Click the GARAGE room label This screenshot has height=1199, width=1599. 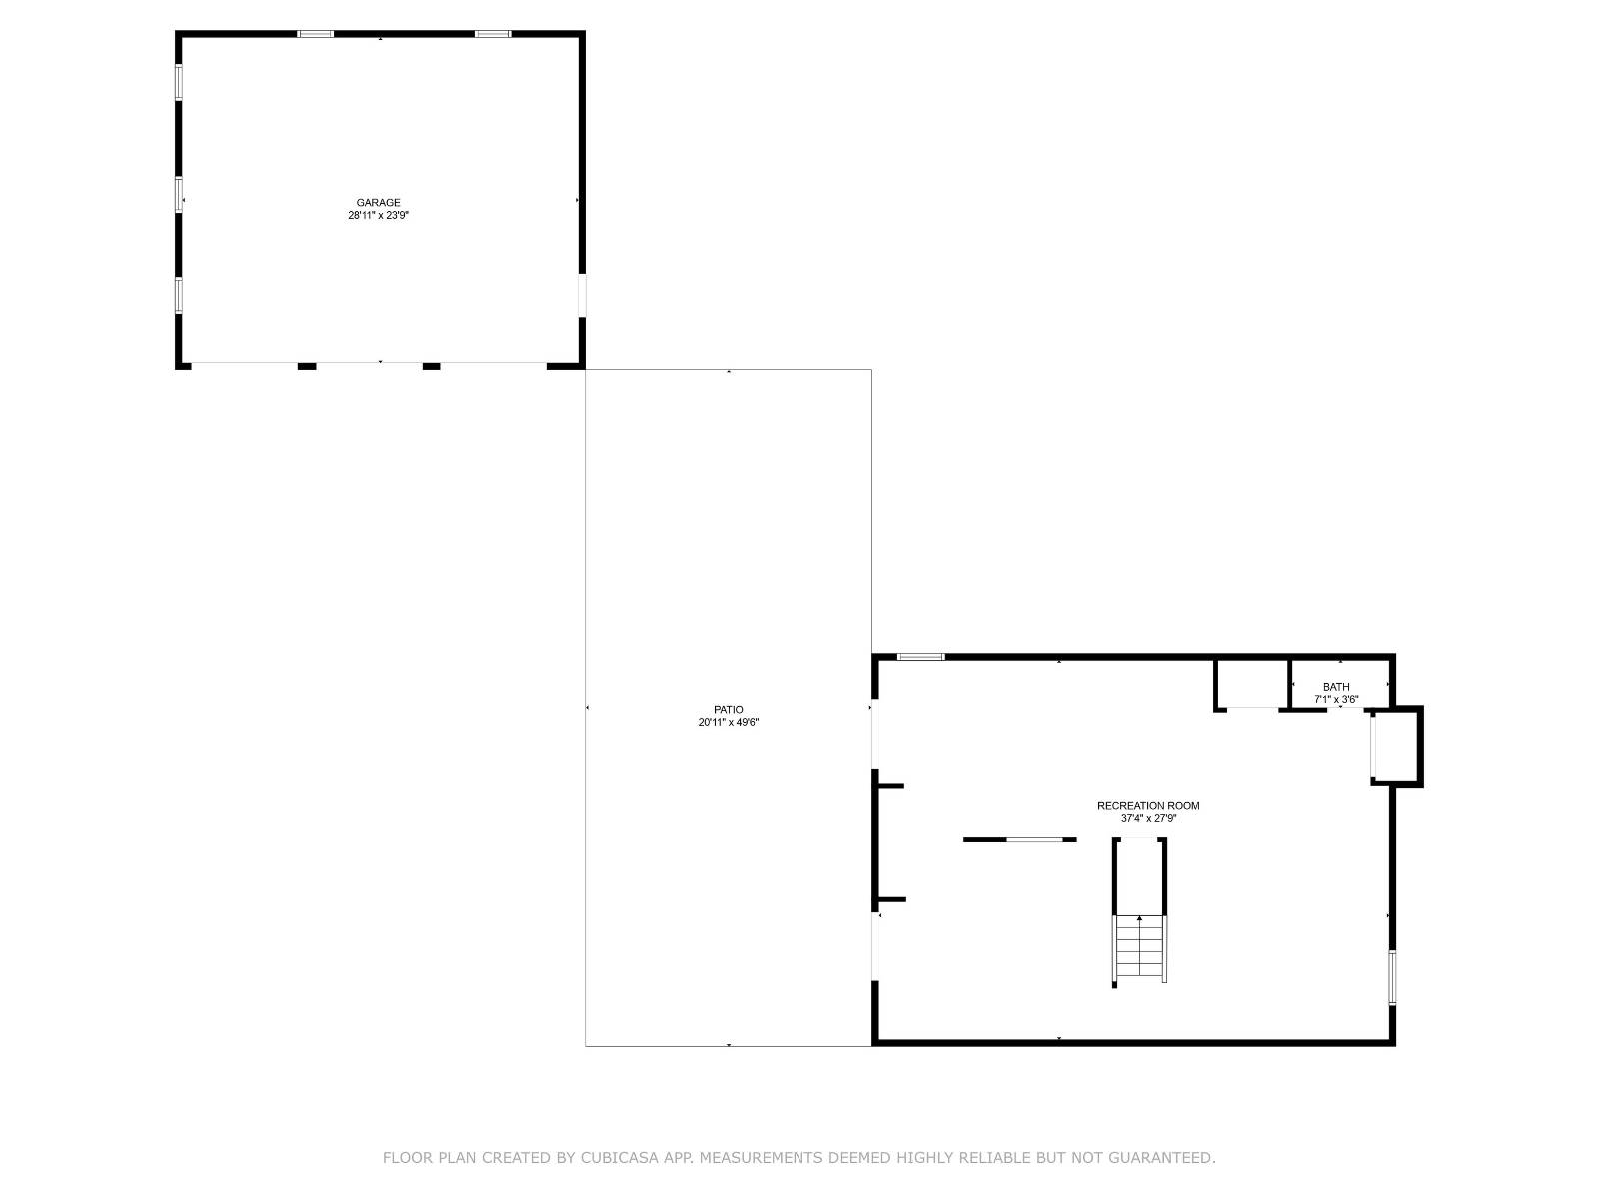pyautogui.click(x=378, y=203)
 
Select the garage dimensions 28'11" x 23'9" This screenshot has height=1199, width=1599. pyautogui.click(x=378, y=215)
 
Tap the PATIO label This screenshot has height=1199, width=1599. pyautogui.click(x=729, y=710)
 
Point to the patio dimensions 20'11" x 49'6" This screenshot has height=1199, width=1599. pyautogui.click(x=729, y=723)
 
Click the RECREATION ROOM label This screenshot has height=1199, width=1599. pyautogui.click(x=1148, y=806)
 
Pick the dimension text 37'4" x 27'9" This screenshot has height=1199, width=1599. pyautogui.click(x=1148, y=819)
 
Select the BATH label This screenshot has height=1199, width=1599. pyautogui.click(x=1336, y=687)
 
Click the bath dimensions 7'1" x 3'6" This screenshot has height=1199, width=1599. pyautogui.click(x=1336, y=700)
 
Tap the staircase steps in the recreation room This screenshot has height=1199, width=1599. pyautogui.click(x=1139, y=949)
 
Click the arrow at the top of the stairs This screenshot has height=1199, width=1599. pyautogui.click(x=1139, y=918)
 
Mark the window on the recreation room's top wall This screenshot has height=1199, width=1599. pyautogui.click(x=920, y=657)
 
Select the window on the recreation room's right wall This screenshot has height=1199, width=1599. pyautogui.click(x=1392, y=977)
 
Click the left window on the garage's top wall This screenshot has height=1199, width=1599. pyautogui.click(x=316, y=34)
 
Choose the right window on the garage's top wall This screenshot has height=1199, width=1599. pyautogui.click(x=492, y=34)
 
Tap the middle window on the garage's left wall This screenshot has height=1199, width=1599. pyautogui.click(x=180, y=194)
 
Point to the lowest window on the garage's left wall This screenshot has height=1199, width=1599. pyautogui.click(x=180, y=296)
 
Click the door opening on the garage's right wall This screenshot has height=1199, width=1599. pyautogui.click(x=581, y=296)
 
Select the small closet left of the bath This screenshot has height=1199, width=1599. pyautogui.click(x=1252, y=684)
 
